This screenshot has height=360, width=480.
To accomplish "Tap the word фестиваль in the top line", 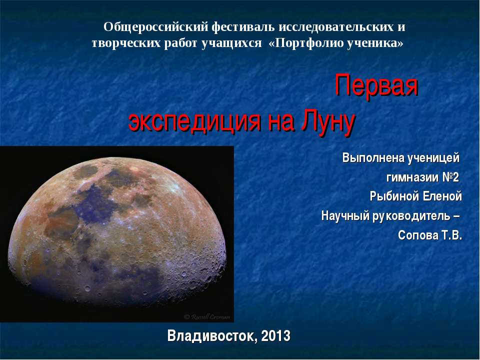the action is [243, 27].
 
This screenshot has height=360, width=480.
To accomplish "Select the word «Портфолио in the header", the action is [306, 43].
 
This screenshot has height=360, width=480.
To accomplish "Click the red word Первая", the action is [376, 85].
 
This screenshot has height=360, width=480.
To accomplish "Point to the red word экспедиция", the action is [194, 121].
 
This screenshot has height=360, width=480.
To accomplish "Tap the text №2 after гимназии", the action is [450, 177].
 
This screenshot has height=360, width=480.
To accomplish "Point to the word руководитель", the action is [411, 216].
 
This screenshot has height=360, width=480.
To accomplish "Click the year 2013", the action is [276, 336].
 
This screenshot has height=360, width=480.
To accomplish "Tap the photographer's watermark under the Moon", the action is [207, 317].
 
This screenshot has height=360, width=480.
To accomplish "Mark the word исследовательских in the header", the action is [337, 27].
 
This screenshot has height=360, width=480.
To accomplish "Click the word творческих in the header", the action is [126, 43].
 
